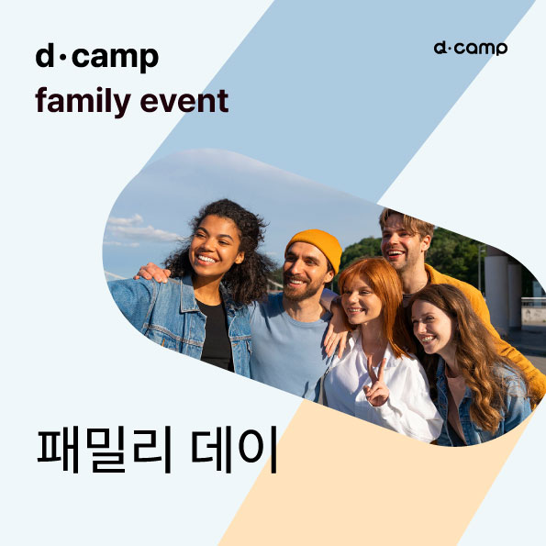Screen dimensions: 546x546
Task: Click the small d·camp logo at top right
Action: (x=470, y=47)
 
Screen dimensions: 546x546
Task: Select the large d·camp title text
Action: (x=96, y=57)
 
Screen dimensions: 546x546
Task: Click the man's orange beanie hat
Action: (x=315, y=245)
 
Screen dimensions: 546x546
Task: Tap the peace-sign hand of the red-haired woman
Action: (x=375, y=388)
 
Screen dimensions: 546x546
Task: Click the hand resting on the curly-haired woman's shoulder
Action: (x=153, y=273)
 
